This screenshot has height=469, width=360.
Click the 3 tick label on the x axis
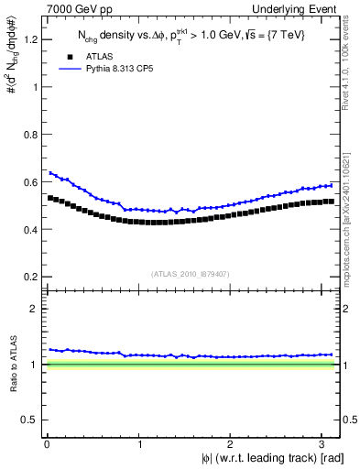pos(324,444)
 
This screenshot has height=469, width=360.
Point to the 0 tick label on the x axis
pos(47,444)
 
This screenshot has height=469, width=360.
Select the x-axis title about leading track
pos(259,459)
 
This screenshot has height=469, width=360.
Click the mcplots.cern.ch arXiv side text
pos(352,209)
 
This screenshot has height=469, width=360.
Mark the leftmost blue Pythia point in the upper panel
pos(50,172)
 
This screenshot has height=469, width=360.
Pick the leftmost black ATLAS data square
pos(50,197)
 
